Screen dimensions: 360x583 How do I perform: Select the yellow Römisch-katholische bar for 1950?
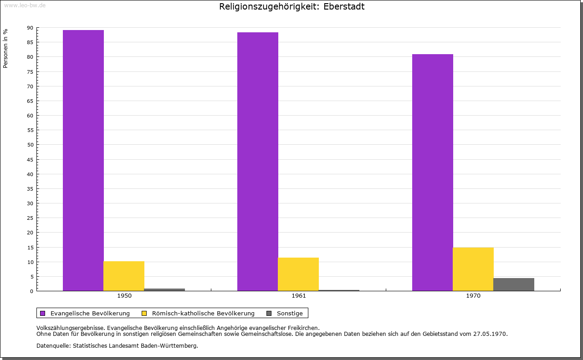coord(124,276)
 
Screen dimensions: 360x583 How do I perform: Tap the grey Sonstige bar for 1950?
coord(164,289)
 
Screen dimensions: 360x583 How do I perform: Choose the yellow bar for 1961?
coord(298,274)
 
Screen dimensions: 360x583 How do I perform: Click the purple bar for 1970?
coord(433,172)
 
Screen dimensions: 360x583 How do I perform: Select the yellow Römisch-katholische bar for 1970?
coord(473,269)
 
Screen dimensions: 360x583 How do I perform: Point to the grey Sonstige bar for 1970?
coord(514,284)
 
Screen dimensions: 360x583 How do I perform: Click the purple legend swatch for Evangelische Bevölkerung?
coord(43,313)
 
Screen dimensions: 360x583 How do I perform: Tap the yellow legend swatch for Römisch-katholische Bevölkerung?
coord(144,313)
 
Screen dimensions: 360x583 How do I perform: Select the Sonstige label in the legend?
coord(290,313)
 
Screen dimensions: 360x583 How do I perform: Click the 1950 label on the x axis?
coord(124,296)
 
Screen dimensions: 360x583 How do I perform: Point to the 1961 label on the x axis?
coord(299,296)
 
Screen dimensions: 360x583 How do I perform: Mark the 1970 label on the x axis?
coord(473,296)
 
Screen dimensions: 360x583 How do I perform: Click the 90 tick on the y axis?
coord(30,28)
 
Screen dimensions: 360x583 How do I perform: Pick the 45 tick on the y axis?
coord(30,159)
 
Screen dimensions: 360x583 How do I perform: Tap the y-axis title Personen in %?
coord(5,48)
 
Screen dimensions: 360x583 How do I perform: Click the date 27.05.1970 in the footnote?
coord(491,334)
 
